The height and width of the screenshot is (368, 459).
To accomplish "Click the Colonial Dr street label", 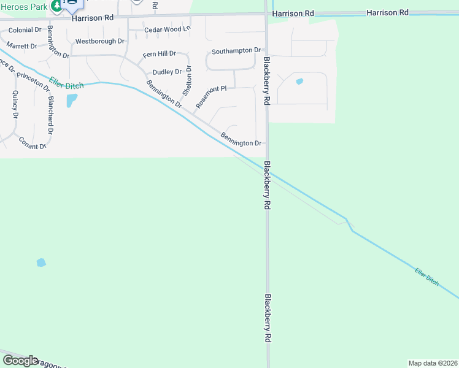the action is pos(25,30).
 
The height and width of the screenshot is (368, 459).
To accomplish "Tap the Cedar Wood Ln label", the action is pos(167,29).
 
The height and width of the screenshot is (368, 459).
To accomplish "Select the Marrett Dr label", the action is pos(22,46).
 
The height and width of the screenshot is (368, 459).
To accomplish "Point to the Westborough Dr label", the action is pos(99,42).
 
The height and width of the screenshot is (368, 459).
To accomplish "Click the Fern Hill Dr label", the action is pos(159,55).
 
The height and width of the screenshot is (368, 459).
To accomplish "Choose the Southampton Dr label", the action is pos(236,51).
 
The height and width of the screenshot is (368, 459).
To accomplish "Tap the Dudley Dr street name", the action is pos(167,72).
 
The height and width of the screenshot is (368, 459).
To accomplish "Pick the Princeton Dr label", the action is pos(34,81).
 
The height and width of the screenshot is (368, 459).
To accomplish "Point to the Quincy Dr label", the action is pos(14,104).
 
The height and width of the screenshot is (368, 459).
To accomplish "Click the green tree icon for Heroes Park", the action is pos(56,6).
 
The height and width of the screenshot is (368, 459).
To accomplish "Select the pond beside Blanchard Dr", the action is pos(72,100).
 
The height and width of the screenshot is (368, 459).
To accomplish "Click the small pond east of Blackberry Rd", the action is pos(299,82).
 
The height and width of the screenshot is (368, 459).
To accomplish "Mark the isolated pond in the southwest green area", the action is pos(41,263).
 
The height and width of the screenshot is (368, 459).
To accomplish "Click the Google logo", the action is pos(20,361).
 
